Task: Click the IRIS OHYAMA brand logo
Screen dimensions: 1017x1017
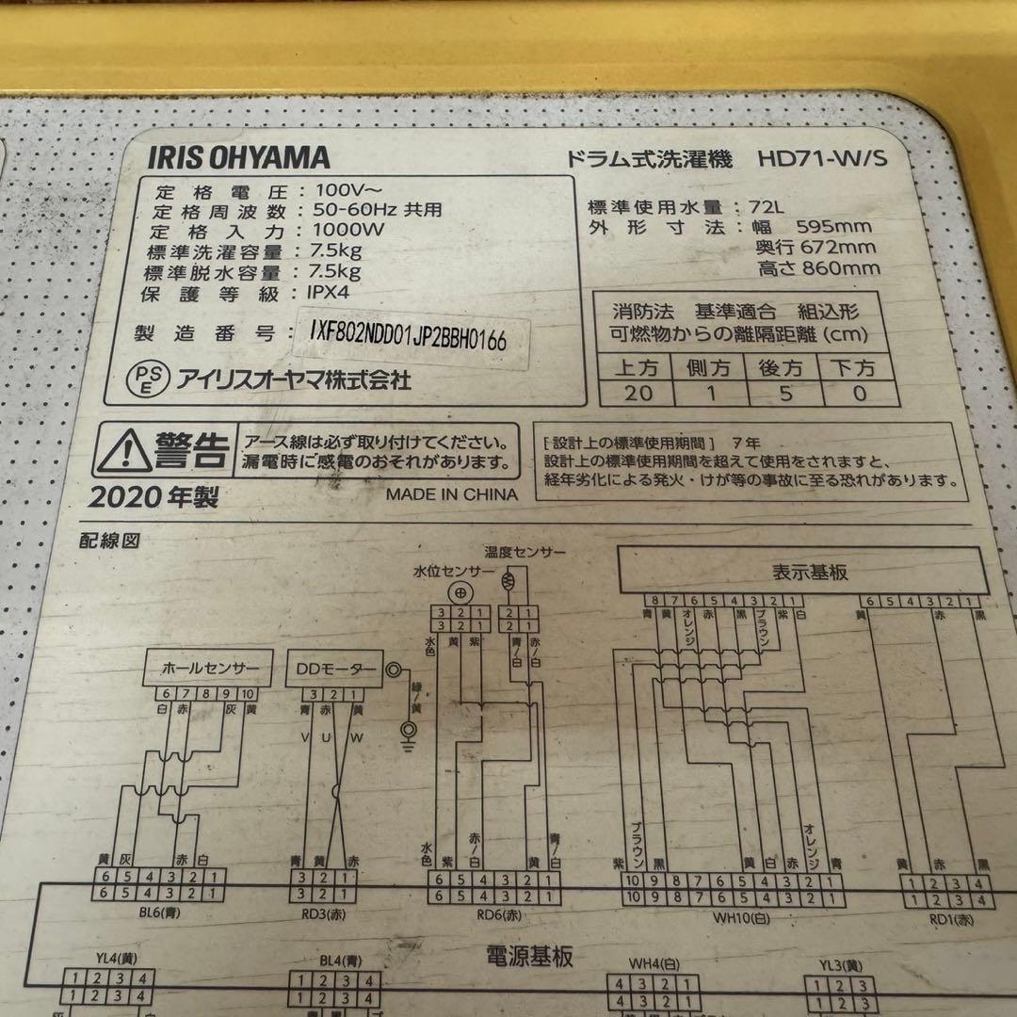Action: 238,157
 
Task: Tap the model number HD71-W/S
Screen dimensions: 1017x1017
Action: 822,159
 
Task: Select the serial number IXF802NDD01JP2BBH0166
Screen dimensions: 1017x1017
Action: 407,338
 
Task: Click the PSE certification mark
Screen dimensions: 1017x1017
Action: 144,379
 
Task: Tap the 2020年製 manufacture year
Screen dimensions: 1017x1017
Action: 154,496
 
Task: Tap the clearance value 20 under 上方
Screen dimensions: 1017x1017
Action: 638,393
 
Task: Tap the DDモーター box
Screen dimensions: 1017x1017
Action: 339,669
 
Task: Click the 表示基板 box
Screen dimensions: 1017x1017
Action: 802,572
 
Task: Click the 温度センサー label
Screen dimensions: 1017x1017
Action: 524,551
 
